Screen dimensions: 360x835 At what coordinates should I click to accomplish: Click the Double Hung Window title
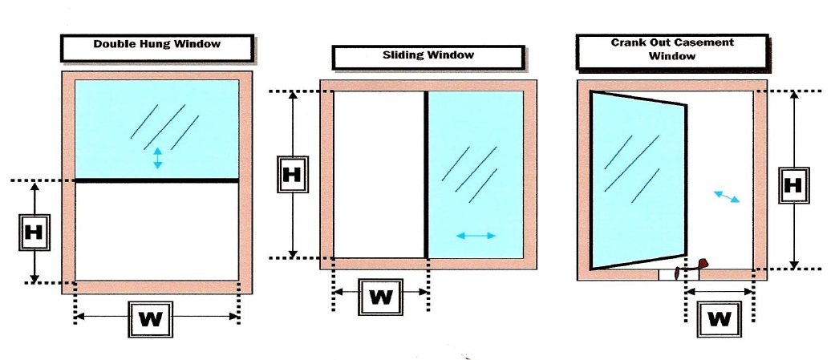pyautogui.click(x=156, y=45)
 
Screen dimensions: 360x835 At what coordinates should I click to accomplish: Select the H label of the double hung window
pyautogui.click(x=34, y=233)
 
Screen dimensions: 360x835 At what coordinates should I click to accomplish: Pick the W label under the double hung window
pyautogui.click(x=152, y=319)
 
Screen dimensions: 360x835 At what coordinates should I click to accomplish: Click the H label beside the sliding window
pyautogui.click(x=293, y=174)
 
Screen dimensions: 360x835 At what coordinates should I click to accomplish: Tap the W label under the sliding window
pyautogui.click(x=380, y=297)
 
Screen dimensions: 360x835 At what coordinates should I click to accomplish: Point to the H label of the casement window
pyautogui.click(x=793, y=185)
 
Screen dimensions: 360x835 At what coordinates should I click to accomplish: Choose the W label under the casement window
pyautogui.click(x=719, y=319)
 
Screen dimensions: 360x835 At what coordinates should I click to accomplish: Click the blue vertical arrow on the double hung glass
pyautogui.click(x=157, y=158)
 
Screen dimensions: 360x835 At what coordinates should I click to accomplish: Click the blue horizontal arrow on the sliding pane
pyautogui.click(x=476, y=236)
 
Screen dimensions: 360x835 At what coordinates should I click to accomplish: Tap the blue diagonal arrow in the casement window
pyautogui.click(x=727, y=196)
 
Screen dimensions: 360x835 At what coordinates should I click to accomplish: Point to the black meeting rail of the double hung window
pyautogui.click(x=156, y=180)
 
